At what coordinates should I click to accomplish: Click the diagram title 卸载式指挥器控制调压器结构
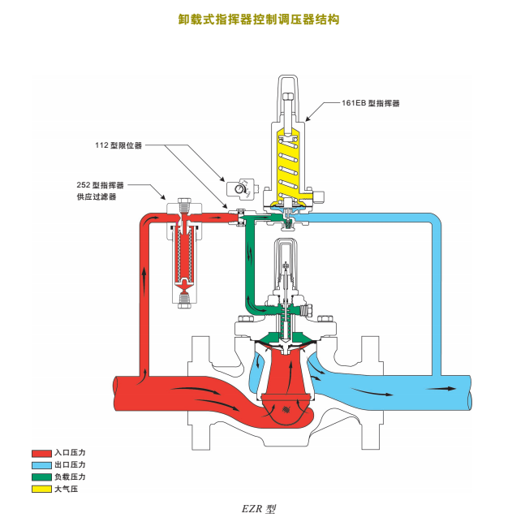click(x=259, y=19)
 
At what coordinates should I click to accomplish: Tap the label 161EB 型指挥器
click(x=371, y=103)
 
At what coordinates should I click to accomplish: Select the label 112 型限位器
click(x=118, y=145)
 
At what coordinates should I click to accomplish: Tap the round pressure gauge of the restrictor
click(x=237, y=189)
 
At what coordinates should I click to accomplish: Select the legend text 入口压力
click(x=70, y=453)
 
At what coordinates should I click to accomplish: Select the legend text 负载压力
click(x=70, y=477)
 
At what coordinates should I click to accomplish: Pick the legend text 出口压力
click(x=70, y=464)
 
